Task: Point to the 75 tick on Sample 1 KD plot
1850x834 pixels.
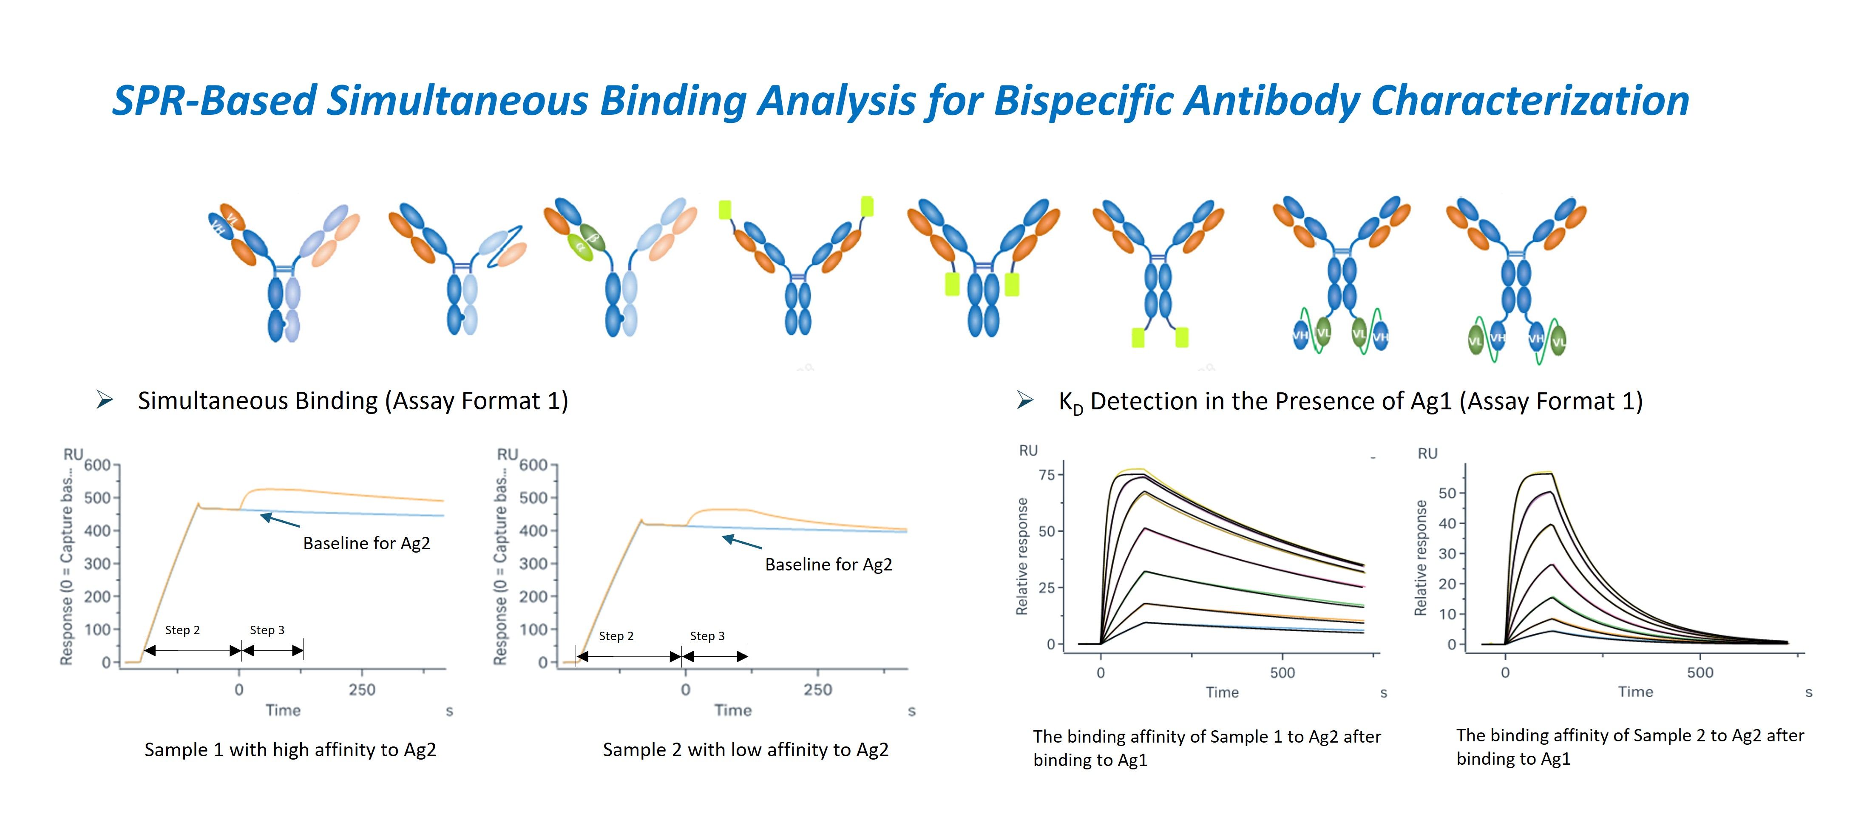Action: pyautogui.click(x=1047, y=475)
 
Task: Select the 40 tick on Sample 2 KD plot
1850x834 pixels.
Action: pyautogui.click(x=1447, y=523)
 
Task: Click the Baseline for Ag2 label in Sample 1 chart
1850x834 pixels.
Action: pyautogui.click(x=366, y=543)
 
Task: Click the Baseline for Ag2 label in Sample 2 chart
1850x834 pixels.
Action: pyautogui.click(x=828, y=565)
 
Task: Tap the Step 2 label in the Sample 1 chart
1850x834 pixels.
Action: pyautogui.click(x=182, y=630)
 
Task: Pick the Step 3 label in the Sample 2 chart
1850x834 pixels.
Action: pyautogui.click(x=707, y=636)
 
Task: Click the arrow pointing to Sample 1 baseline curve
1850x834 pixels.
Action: pyautogui.click(x=279, y=520)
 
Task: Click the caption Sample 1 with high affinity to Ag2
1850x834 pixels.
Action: pyautogui.click(x=290, y=750)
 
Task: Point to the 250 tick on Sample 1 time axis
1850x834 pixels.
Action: pyautogui.click(x=362, y=689)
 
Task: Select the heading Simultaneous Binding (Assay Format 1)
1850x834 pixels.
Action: pyautogui.click(x=353, y=401)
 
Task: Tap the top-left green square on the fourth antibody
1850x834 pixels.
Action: pyautogui.click(x=725, y=210)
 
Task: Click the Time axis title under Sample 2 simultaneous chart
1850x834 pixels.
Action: pyautogui.click(x=732, y=710)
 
